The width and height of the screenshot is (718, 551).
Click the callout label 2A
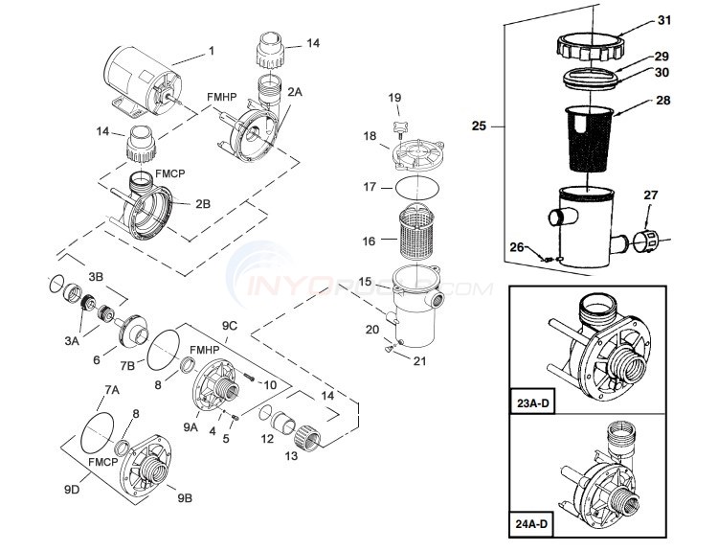point(295,91)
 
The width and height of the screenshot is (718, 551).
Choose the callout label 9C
point(231,327)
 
